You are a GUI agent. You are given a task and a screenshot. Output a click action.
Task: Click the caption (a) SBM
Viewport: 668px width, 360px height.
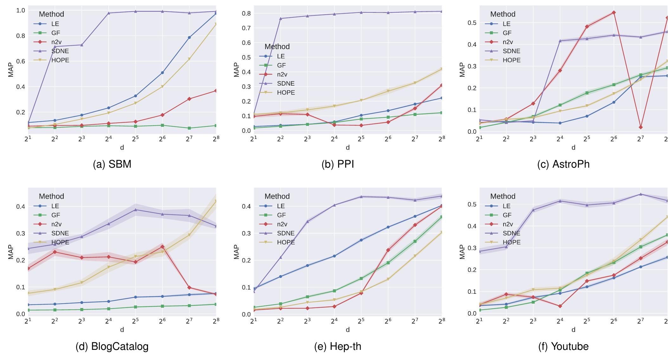112,164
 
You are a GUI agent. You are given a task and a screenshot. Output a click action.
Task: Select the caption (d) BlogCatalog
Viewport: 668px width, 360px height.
112,346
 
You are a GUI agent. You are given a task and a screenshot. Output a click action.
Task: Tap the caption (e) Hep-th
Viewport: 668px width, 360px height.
337,346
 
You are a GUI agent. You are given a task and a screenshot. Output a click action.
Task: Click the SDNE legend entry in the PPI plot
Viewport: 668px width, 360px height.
286,83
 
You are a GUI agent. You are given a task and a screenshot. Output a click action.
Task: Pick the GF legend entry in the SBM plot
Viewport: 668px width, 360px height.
55,33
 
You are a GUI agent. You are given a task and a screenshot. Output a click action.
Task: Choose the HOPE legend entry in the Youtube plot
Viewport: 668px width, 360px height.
511,242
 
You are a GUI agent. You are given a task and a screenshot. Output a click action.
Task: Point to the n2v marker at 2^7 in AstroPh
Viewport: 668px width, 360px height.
640,127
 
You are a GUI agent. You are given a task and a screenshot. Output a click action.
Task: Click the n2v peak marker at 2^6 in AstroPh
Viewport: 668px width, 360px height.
614,13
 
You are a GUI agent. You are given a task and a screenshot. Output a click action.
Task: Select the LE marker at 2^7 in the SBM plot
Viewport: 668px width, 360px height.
189,37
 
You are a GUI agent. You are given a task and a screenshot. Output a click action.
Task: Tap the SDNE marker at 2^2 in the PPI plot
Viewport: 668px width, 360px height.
280,18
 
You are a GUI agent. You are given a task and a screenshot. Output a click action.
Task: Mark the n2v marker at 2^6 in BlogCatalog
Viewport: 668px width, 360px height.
162,247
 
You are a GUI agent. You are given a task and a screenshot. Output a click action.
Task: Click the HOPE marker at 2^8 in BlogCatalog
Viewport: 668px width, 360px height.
216,201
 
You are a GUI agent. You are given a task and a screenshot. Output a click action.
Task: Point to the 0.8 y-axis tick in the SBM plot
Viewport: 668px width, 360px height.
21,36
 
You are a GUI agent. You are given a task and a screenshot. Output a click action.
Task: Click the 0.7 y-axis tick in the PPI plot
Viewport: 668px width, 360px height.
246,28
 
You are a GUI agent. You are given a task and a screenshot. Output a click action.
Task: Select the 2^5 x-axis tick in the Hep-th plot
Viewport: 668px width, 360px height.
361,321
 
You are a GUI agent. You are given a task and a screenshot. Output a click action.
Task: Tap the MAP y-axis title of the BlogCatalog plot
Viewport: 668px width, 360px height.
11,252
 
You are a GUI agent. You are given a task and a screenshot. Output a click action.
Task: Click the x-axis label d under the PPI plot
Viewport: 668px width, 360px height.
348,147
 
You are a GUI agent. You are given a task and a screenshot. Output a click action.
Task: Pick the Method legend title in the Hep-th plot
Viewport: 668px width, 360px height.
277,196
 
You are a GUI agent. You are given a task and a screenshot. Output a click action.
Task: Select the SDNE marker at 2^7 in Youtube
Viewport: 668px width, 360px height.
640,194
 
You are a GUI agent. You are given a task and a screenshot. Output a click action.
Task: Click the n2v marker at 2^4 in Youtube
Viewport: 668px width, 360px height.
560,306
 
